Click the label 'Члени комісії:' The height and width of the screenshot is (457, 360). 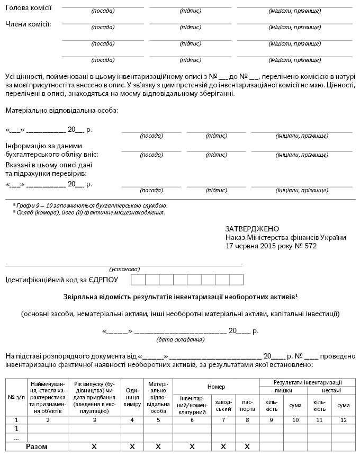tap(28, 24)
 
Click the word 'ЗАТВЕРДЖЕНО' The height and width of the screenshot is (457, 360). tap(251, 228)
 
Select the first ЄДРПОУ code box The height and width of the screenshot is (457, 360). tap(138, 280)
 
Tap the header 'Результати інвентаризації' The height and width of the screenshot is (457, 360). tap(307, 382)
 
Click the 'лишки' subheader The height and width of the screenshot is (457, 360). tap(283, 390)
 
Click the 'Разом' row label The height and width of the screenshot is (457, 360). tap(37, 446)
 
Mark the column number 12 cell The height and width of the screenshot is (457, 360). tap(343, 420)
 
